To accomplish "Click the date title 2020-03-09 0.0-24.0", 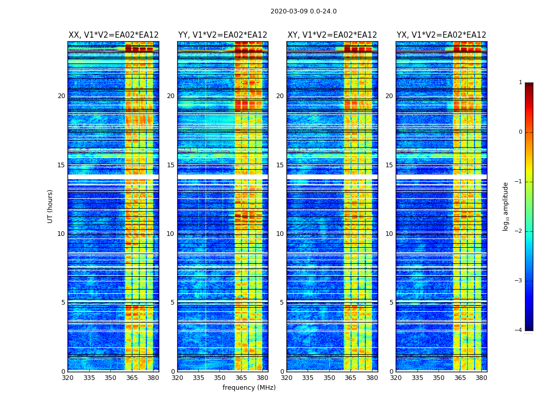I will (303, 11).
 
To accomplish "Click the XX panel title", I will (113, 35).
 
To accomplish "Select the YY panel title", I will (223, 35).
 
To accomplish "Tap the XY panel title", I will (332, 35).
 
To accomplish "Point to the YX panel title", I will (441, 35).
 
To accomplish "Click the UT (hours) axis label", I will (50, 206).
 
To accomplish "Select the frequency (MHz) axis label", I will (249, 388).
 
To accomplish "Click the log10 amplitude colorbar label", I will (506, 206).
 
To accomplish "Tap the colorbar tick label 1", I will (520, 83).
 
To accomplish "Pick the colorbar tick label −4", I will (518, 330).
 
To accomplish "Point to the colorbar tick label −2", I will (518, 231).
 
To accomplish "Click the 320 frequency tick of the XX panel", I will (67, 378).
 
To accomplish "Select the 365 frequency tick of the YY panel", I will (241, 378).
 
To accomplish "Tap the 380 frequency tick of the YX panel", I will (481, 378).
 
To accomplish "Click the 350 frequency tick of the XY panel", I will (329, 378).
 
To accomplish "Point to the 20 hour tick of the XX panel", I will (61, 96).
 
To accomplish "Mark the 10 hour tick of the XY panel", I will (280, 234).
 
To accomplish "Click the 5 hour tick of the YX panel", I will (391, 303).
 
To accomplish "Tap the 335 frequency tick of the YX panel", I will (417, 378).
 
